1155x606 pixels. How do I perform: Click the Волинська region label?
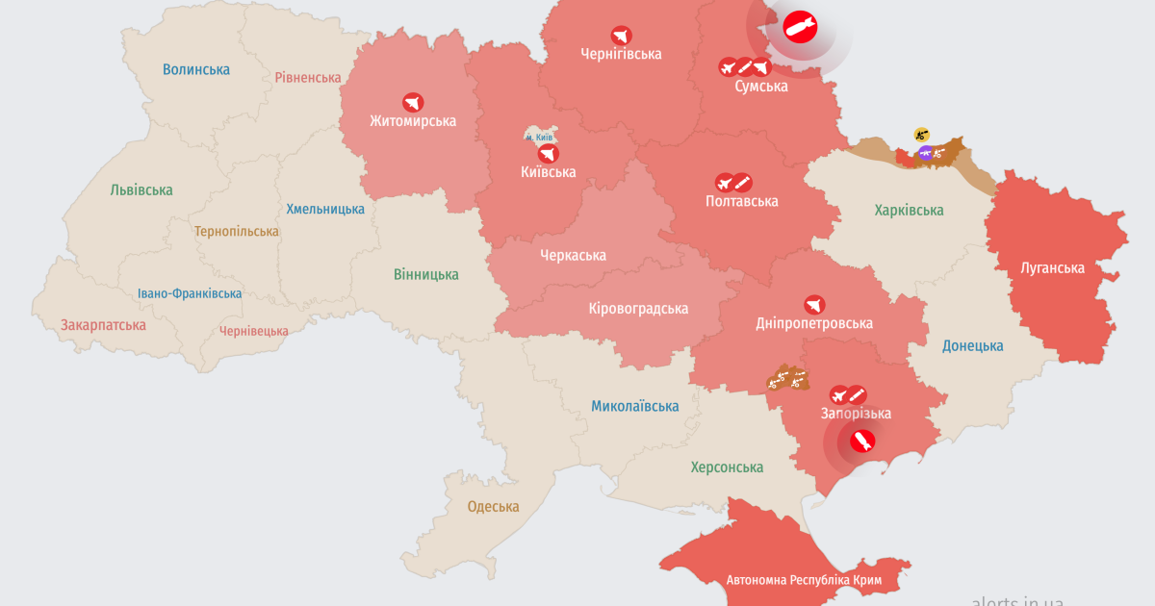(196, 69)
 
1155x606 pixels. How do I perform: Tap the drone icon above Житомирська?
(413, 102)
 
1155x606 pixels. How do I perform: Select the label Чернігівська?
(621, 54)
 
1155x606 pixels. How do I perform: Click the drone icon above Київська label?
(548, 154)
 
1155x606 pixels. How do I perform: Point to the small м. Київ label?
(539, 138)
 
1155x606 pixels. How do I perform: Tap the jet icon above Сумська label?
(728, 67)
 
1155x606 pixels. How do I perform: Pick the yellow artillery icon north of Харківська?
(921, 135)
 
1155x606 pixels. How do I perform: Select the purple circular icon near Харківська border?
(926, 153)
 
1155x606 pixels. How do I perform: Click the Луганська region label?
(1052, 268)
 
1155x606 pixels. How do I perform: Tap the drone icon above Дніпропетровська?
(814, 305)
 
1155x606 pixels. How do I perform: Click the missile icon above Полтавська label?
(742, 183)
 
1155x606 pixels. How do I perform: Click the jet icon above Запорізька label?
(839, 395)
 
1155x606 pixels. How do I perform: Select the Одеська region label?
(493, 507)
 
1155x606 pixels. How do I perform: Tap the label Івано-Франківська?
(190, 293)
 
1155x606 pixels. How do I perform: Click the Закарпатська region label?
(103, 325)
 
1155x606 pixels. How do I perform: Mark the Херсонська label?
(727, 467)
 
